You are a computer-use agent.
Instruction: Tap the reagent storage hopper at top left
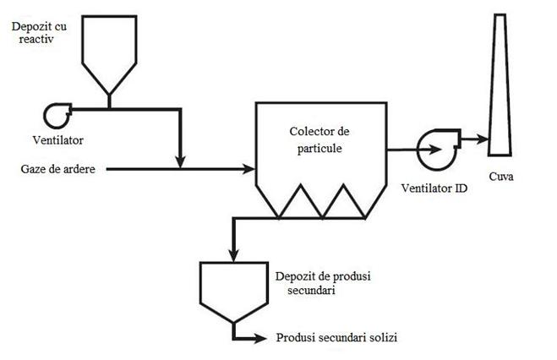click(108, 51)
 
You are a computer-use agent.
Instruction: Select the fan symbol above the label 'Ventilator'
click(58, 113)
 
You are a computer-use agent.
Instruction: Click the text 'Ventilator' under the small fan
click(58, 138)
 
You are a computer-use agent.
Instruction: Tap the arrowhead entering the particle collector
click(250, 170)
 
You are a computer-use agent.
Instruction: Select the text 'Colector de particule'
click(319, 140)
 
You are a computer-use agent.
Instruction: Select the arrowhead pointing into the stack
click(482, 137)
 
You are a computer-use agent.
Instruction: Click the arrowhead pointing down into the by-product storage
click(232, 254)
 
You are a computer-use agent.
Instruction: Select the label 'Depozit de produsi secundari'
click(312, 283)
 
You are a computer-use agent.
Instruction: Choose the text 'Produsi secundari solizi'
click(336, 338)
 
